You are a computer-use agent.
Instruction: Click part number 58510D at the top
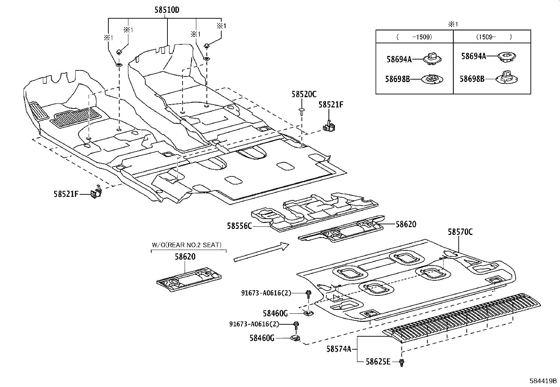pyautogui.click(x=167, y=10)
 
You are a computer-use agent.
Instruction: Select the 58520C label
pyautogui.click(x=304, y=94)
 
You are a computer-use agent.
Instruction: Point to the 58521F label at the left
pyautogui.click(x=66, y=194)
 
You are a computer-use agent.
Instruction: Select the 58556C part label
pyautogui.click(x=239, y=226)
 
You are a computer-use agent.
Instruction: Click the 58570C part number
pyautogui.click(x=460, y=232)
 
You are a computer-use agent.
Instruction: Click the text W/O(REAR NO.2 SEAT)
pyautogui.click(x=186, y=245)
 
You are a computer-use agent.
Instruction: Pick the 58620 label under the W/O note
pyautogui.click(x=185, y=257)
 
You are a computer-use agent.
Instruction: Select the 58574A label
pyautogui.click(x=339, y=349)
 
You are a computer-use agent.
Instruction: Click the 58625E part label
pyautogui.click(x=378, y=362)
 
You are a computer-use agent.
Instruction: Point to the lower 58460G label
pyautogui.click(x=262, y=338)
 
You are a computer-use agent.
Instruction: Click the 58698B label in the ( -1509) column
pyautogui.click(x=397, y=79)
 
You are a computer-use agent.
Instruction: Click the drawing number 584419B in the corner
pyautogui.click(x=543, y=381)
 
